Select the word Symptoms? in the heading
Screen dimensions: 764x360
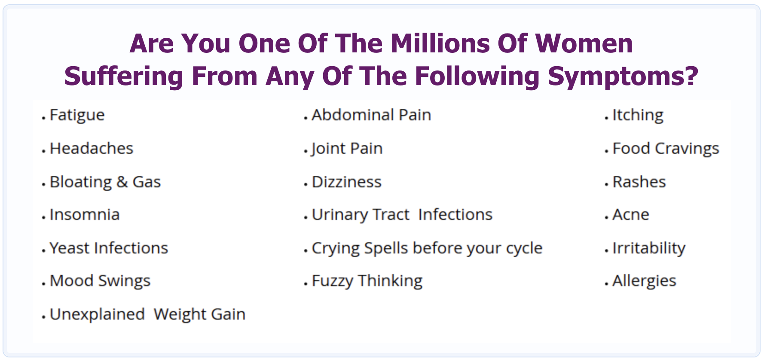[623, 76]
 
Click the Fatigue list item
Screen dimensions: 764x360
[77, 116]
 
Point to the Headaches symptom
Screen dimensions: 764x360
[92, 148]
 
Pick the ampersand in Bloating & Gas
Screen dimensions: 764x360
[122, 182]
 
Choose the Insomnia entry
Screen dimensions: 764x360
[85, 214]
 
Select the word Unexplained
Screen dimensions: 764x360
[97, 315]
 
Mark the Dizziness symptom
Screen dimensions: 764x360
[346, 182]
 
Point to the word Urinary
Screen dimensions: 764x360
[339, 215]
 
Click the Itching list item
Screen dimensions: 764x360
[638, 116]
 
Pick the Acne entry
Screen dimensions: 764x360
[631, 214]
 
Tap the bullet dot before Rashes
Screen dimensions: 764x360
[606, 184]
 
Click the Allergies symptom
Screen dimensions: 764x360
[644, 281]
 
